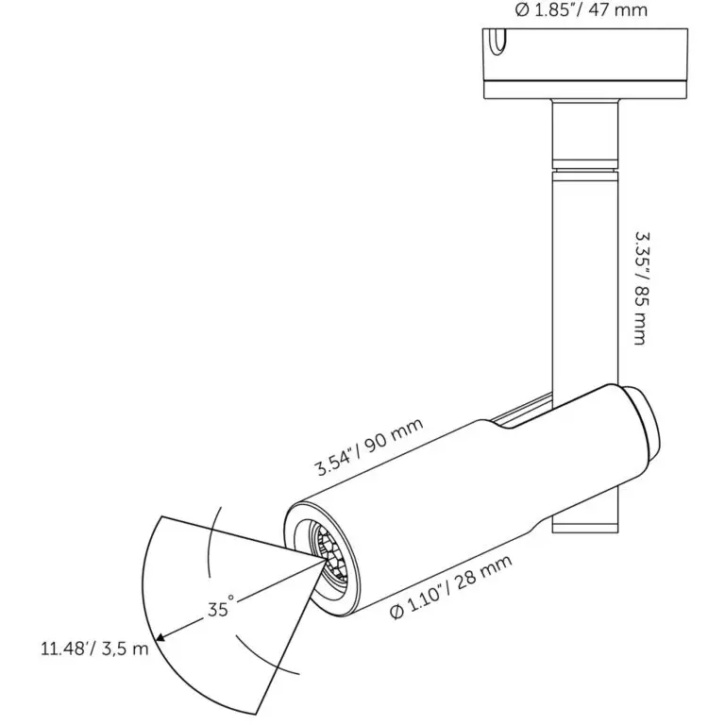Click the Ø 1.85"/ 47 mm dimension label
pos(582,9)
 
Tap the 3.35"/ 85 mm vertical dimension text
pos(641,288)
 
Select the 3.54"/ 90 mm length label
pos(369,447)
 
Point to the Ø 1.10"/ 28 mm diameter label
pos(451,587)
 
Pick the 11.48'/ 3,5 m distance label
pos(94,649)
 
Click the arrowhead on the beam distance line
pos(160,637)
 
